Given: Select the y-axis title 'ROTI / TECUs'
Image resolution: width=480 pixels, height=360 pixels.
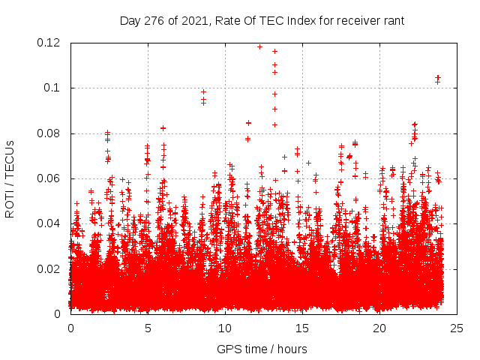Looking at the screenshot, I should point(10,178).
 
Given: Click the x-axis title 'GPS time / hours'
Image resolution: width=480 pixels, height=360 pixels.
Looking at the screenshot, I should point(262,349).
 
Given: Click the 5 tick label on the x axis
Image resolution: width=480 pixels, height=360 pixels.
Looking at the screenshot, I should point(148,328).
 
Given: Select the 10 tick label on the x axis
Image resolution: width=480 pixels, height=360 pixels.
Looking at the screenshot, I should point(225,328).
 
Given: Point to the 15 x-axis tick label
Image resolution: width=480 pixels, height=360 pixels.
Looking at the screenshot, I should point(302,328).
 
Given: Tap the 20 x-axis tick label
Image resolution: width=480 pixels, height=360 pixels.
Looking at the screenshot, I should point(379,328).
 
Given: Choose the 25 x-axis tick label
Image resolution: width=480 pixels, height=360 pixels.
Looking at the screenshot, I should point(457,328).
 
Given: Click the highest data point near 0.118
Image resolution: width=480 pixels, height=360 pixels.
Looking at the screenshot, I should point(260,46).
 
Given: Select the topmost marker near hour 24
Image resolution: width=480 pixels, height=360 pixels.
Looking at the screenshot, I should point(438,77).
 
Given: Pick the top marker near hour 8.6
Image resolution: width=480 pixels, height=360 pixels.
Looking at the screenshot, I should point(203,91).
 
